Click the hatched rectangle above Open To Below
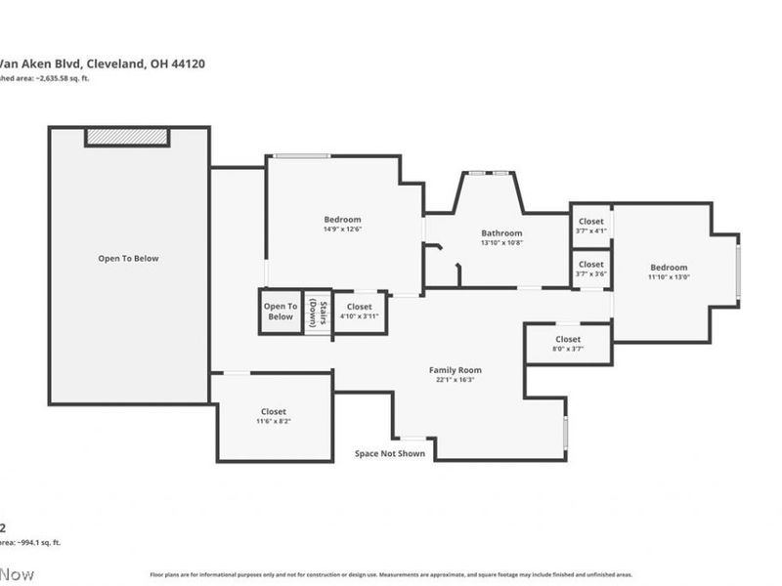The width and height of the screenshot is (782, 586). click(x=128, y=137)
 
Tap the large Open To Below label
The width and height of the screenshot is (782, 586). click(x=128, y=259)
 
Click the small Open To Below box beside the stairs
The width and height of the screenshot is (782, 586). click(x=281, y=312)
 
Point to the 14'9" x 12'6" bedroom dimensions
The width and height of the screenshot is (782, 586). click(x=342, y=230)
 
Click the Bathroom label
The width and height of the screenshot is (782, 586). click(x=501, y=233)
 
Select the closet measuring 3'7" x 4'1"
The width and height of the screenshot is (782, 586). click(x=590, y=226)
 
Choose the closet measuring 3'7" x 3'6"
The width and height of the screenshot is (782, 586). click(x=590, y=269)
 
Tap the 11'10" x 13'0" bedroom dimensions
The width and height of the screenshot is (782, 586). click(x=669, y=277)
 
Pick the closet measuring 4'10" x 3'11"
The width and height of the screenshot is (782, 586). click(x=360, y=312)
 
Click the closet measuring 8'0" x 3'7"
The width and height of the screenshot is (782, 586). click(x=568, y=344)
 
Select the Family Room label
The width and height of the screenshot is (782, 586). click(x=456, y=370)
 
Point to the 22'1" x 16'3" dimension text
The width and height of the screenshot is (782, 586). click(x=456, y=380)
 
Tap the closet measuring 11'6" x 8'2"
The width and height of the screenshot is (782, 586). click(x=274, y=416)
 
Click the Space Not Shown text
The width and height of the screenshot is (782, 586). click(x=390, y=454)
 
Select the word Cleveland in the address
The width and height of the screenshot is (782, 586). click(x=116, y=63)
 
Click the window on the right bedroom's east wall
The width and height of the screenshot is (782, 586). click(x=738, y=270)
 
